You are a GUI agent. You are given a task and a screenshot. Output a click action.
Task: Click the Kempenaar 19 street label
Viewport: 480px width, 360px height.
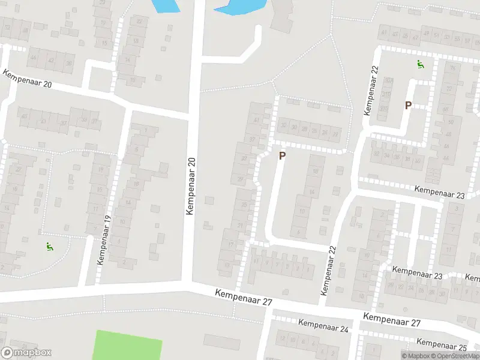point(104,240)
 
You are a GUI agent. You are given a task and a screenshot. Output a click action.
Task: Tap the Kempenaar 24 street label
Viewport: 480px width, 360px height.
point(323,325)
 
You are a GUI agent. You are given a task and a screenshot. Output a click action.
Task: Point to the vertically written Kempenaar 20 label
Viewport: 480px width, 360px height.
point(191,187)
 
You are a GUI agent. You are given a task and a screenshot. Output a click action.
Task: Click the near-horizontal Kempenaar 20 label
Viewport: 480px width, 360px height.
point(27,79)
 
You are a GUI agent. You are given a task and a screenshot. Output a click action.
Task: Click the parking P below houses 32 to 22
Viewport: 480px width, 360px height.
point(282,155)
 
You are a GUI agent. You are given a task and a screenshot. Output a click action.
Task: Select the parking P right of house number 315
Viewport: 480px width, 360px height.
point(408,106)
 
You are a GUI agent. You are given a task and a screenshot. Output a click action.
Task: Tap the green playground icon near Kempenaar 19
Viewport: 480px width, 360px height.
point(48,246)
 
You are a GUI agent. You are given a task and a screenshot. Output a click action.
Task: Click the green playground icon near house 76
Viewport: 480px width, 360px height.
point(421,65)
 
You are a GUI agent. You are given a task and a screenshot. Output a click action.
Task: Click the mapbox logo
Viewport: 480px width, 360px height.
point(26,353)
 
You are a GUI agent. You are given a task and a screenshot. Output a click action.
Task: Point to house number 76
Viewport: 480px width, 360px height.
point(452,67)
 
